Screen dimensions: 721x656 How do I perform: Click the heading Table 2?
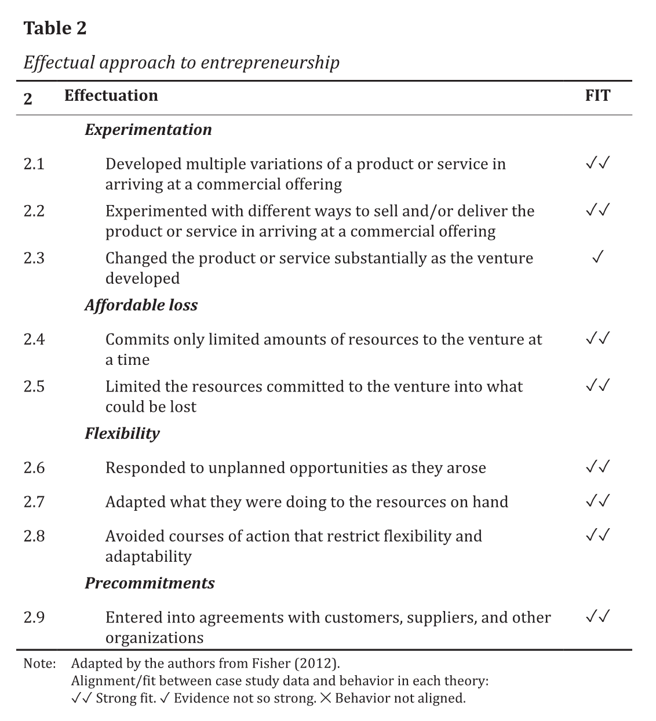[x=55, y=28]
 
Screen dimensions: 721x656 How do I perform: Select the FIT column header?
[x=597, y=96]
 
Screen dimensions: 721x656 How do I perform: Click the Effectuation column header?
[x=111, y=96]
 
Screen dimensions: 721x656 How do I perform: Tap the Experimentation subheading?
[x=148, y=130]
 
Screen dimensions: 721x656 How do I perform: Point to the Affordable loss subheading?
[x=141, y=306]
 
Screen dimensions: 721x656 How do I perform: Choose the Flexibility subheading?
[x=122, y=434]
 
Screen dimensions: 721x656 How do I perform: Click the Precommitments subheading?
[x=150, y=583]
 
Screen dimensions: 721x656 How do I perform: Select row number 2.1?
[x=34, y=164]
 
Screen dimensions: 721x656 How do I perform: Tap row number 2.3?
[x=34, y=258]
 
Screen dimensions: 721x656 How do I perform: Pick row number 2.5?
[x=34, y=387]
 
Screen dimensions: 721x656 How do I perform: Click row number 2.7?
[x=34, y=502]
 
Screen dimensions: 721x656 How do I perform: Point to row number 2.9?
[x=34, y=618]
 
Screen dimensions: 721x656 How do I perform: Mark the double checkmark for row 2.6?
[x=597, y=467]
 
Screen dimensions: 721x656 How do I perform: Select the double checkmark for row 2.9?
[x=597, y=617]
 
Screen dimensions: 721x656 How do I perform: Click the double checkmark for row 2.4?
[x=597, y=338]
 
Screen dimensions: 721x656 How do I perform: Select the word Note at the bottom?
[x=39, y=664]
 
